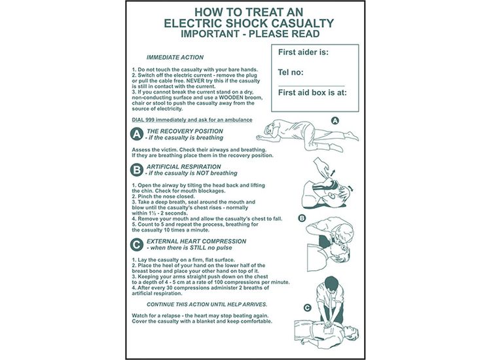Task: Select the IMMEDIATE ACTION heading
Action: [x=175, y=58]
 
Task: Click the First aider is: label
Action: [x=303, y=52]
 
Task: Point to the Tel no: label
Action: [x=292, y=72]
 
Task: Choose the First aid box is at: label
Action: [x=312, y=92]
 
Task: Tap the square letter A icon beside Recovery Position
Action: [x=137, y=134]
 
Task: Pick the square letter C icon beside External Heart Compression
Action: [x=137, y=245]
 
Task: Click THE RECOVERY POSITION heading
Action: [x=185, y=131]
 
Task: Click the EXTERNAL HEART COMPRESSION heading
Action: [x=196, y=241]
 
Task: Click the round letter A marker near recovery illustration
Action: [x=335, y=120]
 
